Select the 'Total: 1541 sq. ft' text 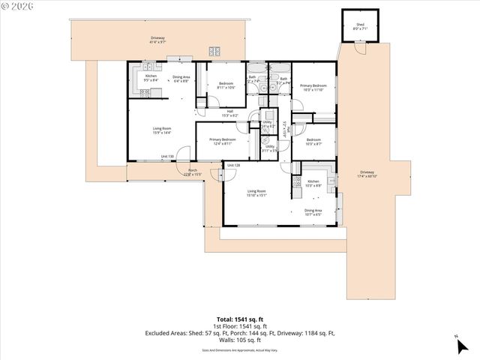pyautogui.click(x=239, y=319)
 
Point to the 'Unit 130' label pyautogui.click(x=168, y=157)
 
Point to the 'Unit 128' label pyautogui.click(x=233, y=165)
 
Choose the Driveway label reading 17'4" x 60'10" pyautogui.click(x=367, y=173)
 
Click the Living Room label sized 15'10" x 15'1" pyautogui.click(x=256, y=193)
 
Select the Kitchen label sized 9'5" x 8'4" pyautogui.click(x=151, y=77)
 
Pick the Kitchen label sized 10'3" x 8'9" pyautogui.click(x=313, y=183)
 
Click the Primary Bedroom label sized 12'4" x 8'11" pyautogui.click(x=223, y=142)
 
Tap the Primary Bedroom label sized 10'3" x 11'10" pyautogui.click(x=313, y=88)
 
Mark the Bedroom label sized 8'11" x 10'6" pyautogui.click(x=226, y=85)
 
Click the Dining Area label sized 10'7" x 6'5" pyautogui.click(x=313, y=212)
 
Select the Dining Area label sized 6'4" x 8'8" pyautogui.click(x=181, y=79)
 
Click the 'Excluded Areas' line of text pyautogui.click(x=239, y=332)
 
